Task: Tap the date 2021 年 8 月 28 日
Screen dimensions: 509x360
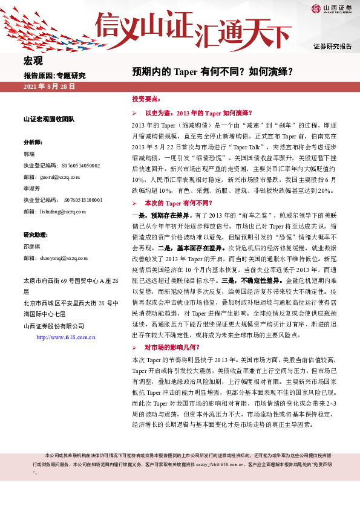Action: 49,87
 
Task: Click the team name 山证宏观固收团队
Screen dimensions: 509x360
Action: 48,120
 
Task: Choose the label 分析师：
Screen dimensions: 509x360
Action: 33,142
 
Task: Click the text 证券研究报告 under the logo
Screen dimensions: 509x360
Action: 332,47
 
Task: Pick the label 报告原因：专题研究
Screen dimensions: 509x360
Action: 54,76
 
